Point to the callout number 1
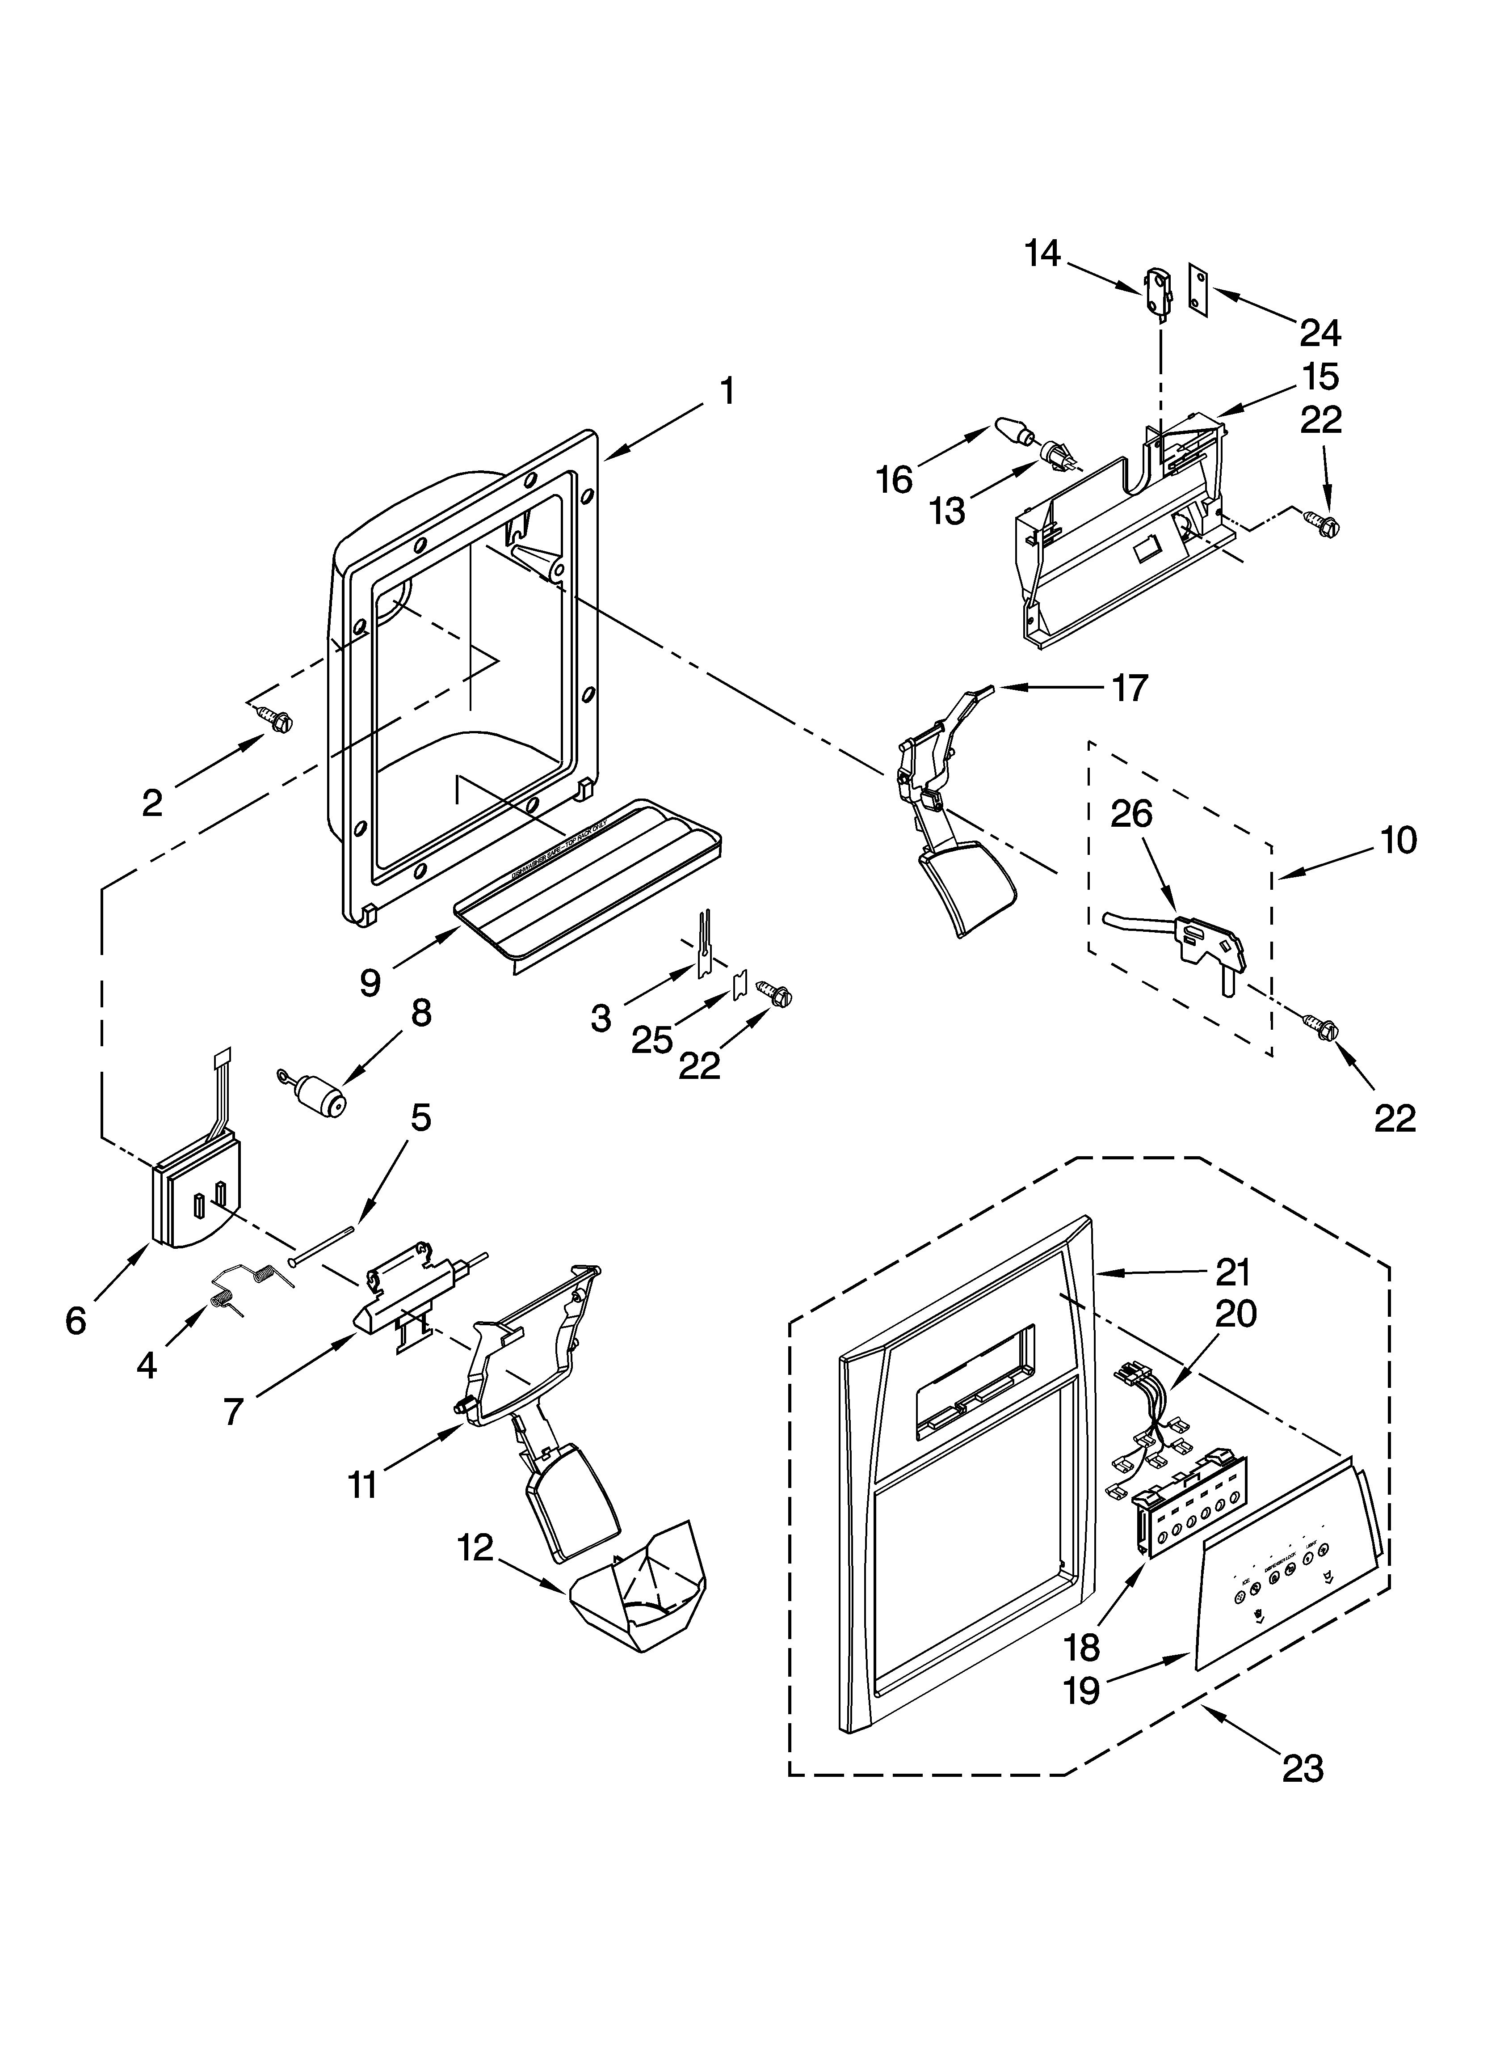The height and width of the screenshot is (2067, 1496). coord(726,392)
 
